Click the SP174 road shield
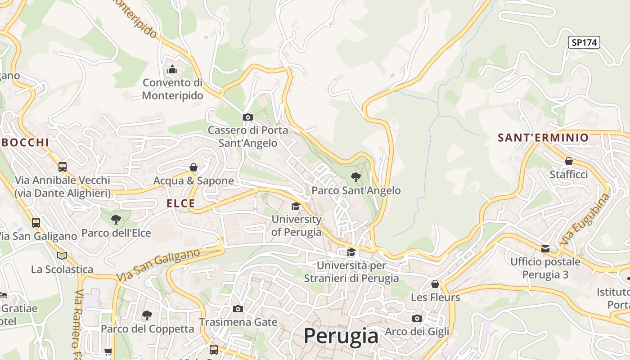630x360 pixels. point(584,42)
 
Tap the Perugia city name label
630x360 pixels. point(341,336)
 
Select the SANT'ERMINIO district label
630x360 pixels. point(543,138)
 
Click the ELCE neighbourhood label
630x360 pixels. point(181,203)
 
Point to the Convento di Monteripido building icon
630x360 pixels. point(172,70)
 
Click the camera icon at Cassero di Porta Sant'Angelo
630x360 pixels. point(247,117)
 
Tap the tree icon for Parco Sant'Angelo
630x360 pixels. point(355,177)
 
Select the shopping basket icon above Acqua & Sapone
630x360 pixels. point(193,167)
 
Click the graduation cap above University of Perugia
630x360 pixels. point(296,206)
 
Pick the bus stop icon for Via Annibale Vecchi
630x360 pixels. point(62,166)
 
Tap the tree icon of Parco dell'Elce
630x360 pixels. point(116,220)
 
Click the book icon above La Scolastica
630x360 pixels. point(62,256)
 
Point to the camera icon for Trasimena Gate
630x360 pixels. point(238,309)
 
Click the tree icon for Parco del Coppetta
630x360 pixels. point(147,315)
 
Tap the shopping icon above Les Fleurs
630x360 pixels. point(435,284)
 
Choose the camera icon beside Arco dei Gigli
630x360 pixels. point(417,318)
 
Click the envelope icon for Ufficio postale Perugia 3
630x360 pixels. point(545,248)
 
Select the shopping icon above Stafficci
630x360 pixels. point(569,161)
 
